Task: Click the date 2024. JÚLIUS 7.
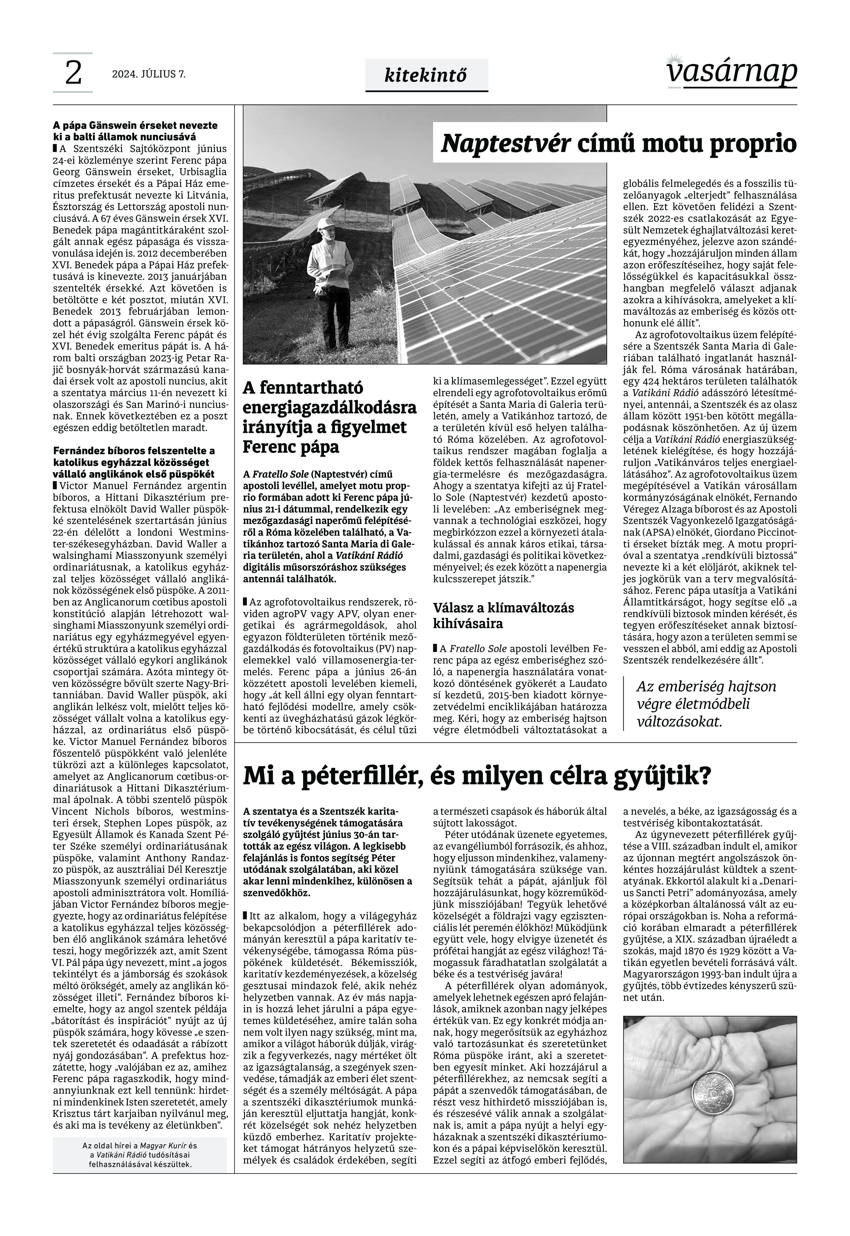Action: click(149, 74)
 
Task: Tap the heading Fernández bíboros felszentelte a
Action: click(134, 451)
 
